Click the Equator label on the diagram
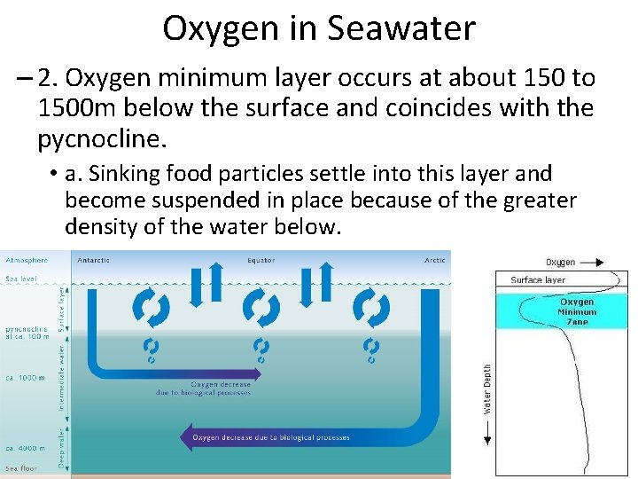pyautogui.click(x=261, y=260)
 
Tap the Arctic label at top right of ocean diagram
pyautogui.click(x=435, y=260)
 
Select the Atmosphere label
pyautogui.click(x=27, y=260)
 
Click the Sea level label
pyautogui.click(x=22, y=279)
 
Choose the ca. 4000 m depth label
pyautogui.click(x=26, y=447)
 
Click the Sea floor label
pyautogui.click(x=21, y=467)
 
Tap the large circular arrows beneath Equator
pyautogui.click(x=261, y=309)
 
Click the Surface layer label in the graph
pyautogui.click(x=537, y=280)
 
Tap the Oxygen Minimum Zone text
pyautogui.click(x=577, y=311)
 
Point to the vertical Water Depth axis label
pyautogui.click(x=487, y=389)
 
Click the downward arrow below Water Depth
pyautogui.click(x=487, y=436)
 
